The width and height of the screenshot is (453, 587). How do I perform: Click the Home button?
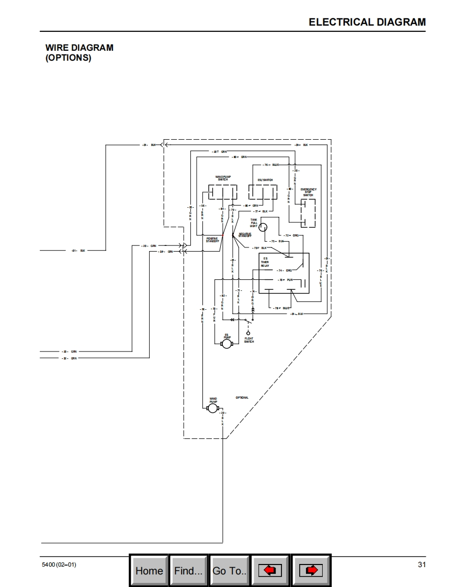click(x=149, y=570)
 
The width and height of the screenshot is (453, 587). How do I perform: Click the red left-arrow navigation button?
click(x=270, y=570)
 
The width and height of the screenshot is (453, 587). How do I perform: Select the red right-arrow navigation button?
click(x=311, y=570)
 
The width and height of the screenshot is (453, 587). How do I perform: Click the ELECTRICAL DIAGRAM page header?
click(x=367, y=22)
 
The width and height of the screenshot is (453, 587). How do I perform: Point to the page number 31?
click(x=422, y=565)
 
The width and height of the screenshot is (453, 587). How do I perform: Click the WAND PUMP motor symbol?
click(x=212, y=408)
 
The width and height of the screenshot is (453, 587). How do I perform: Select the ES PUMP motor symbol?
click(x=226, y=345)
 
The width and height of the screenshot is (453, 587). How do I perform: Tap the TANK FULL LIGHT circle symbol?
click(x=263, y=227)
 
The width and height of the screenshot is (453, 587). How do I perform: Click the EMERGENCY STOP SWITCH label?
click(x=308, y=192)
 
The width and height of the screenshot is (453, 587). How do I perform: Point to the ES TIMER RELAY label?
click(x=265, y=262)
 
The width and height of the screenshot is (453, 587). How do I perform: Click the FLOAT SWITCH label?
click(x=249, y=340)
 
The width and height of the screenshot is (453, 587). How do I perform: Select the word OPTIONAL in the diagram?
click(x=242, y=398)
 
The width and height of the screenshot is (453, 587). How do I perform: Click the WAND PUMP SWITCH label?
click(x=223, y=178)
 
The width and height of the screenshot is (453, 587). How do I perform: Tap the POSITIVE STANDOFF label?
click(x=212, y=240)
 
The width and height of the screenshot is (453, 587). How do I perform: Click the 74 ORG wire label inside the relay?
click(x=285, y=270)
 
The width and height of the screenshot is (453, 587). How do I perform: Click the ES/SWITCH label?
click(x=265, y=180)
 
